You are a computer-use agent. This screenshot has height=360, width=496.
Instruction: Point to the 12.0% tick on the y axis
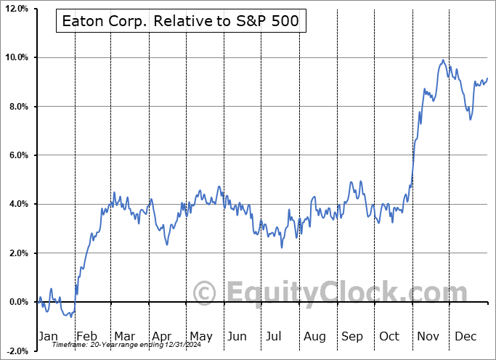15,9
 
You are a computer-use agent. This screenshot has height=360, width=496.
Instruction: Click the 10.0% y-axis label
15,57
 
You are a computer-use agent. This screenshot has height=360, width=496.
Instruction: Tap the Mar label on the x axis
124,336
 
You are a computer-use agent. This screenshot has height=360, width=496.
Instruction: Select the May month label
200,336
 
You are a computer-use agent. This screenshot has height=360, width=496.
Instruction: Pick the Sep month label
353,336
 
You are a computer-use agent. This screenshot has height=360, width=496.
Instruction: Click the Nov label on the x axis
427,336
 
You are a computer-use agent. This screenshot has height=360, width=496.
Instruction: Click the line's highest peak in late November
443,60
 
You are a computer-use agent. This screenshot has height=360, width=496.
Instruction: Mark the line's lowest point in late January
68,316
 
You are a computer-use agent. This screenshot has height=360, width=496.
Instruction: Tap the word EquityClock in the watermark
334,293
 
